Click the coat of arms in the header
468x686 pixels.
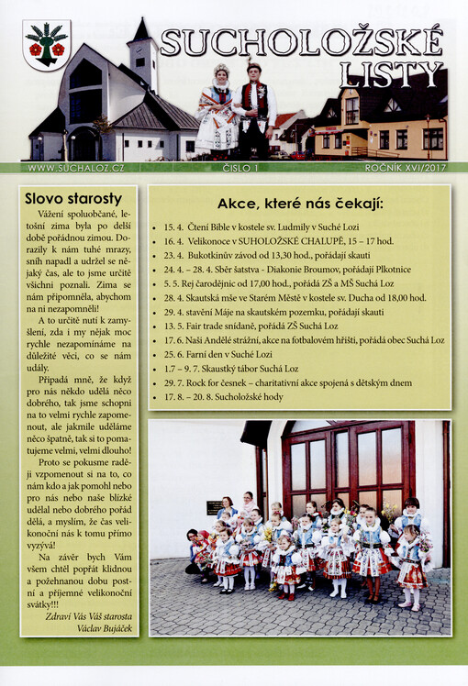tap(46, 46)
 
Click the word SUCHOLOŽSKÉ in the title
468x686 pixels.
tap(302, 41)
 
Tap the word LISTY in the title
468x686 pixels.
tap(390, 74)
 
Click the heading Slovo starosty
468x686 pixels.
tap(72, 198)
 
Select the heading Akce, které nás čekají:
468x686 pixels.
tap(300, 204)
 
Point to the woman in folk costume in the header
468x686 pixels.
tap(217, 110)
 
